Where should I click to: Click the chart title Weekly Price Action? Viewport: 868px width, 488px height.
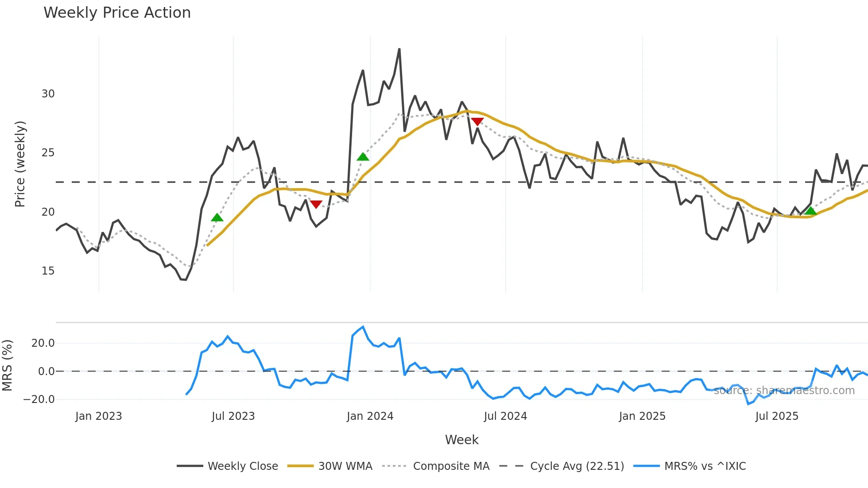[117, 13]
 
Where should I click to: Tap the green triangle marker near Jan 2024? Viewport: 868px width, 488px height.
[363, 157]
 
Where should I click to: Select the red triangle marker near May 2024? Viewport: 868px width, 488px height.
[477, 121]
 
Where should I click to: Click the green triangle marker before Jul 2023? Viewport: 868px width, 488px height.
[217, 217]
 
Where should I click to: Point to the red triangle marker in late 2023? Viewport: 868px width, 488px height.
[316, 204]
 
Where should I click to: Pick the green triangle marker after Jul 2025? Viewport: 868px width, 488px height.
[810, 211]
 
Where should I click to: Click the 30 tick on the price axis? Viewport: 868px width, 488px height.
[48, 94]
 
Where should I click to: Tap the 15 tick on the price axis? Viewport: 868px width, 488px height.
[48, 271]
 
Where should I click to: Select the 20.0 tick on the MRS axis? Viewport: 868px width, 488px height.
[43, 343]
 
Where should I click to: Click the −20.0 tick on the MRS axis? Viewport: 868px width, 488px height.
[39, 399]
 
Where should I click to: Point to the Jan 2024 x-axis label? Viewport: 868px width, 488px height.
[370, 416]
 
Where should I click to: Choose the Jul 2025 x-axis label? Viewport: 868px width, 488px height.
[777, 416]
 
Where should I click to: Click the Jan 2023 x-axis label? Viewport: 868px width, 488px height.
[98, 416]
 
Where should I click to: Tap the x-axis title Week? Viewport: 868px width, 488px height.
[461, 440]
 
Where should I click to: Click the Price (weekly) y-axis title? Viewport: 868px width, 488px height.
[20, 164]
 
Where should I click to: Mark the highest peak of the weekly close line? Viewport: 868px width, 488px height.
[399, 49]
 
